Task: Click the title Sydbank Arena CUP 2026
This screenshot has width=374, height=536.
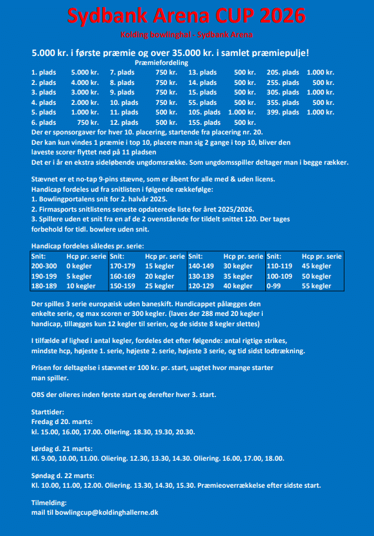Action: pyautogui.click(x=186, y=15)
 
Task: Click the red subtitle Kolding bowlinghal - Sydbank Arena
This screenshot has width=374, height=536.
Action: pyautogui.click(x=186, y=33)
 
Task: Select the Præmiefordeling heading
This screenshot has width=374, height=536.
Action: pyautogui.click(x=161, y=63)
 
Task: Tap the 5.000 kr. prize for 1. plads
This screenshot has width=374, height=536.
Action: pyautogui.click(x=84, y=73)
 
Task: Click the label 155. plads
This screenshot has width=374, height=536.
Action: pyautogui.click(x=203, y=122)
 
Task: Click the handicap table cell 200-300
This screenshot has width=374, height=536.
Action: pyautogui.click(x=44, y=266)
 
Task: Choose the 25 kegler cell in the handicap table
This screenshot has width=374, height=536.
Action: pyautogui.click(x=159, y=286)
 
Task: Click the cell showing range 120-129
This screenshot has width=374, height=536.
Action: pyautogui.click(x=200, y=286)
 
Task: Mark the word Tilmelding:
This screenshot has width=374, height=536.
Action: pyautogui.click(x=49, y=503)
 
